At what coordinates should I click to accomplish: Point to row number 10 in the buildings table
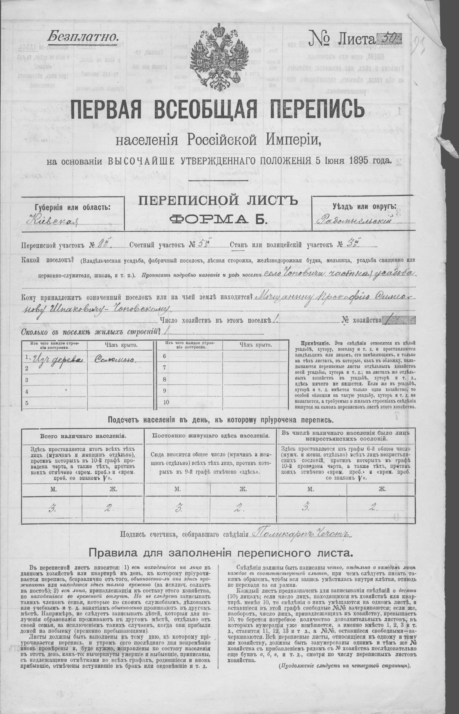(166, 402)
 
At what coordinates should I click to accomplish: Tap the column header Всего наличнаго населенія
(83, 436)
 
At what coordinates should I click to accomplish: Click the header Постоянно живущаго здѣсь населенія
(211, 435)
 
